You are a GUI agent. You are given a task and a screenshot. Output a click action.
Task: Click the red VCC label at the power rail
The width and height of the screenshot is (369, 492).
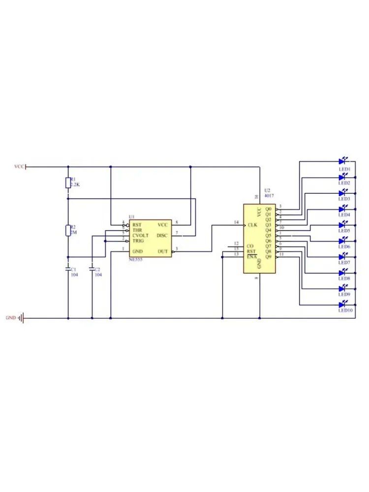coord(19,167)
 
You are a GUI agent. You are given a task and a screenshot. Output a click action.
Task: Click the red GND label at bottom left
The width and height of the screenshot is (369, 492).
coord(11,318)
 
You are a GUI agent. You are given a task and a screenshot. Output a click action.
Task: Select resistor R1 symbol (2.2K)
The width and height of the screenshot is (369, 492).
coord(68,183)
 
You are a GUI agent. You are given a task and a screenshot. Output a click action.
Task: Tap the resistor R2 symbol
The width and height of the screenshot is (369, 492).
coord(68,230)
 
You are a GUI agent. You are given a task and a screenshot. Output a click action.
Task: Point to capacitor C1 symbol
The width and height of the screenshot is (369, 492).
coord(68,269)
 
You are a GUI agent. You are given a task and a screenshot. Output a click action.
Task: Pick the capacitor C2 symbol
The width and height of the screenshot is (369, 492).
coord(92,269)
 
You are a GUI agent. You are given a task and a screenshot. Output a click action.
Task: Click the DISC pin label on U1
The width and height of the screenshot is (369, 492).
coord(162,236)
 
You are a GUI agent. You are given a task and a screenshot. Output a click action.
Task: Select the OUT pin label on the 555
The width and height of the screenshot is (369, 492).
coord(163,251)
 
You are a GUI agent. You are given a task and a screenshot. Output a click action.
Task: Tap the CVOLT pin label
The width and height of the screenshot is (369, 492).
coord(140,236)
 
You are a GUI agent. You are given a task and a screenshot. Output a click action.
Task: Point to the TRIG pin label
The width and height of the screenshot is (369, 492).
coord(138,241)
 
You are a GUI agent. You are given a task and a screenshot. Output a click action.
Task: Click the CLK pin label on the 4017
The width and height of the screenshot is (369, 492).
coord(252,225)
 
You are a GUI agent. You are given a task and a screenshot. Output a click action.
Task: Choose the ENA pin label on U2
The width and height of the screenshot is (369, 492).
coord(251,256)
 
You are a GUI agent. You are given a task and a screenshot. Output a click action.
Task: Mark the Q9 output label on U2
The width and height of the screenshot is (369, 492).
coord(268,256)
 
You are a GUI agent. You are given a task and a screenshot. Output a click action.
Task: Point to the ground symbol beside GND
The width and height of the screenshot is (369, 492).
coord(21,318)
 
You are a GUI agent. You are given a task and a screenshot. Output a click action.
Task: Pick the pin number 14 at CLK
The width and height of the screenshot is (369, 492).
coord(236,223)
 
